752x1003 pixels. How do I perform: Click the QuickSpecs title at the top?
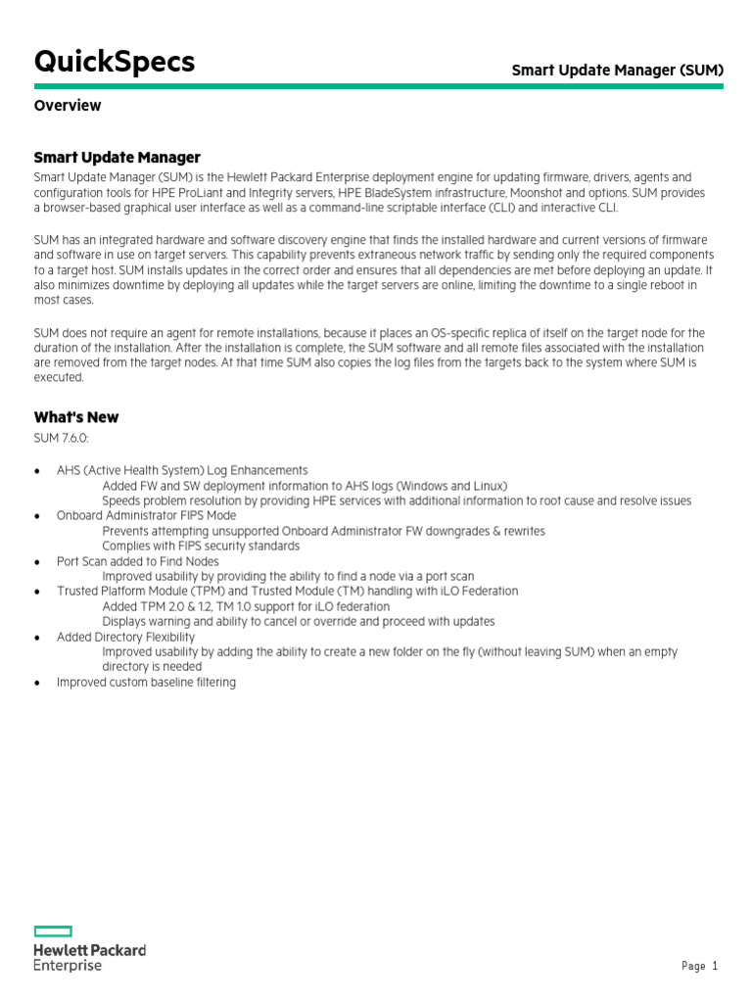pos(114,62)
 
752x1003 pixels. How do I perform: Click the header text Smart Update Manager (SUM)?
pos(618,71)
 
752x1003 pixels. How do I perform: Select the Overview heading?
pos(68,106)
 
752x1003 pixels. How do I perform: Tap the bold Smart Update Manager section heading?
pos(117,157)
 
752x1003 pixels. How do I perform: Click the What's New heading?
pos(76,417)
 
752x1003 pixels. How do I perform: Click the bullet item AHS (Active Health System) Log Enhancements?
pos(182,470)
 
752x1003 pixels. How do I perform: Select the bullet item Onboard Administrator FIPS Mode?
pos(146,516)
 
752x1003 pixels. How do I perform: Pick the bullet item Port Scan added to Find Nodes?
pos(138,561)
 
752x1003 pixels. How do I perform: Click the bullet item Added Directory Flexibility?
pos(125,637)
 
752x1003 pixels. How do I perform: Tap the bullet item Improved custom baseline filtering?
pos(146,682)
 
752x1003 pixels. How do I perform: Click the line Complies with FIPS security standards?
pos(201,546)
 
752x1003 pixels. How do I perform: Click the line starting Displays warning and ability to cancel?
pos(298,621)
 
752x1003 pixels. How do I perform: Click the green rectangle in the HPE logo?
pos(53,931)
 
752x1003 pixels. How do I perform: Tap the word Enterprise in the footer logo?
pos(68,966)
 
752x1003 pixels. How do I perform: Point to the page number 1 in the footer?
pos(715,967)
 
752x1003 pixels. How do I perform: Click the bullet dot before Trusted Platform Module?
pos(37,592)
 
